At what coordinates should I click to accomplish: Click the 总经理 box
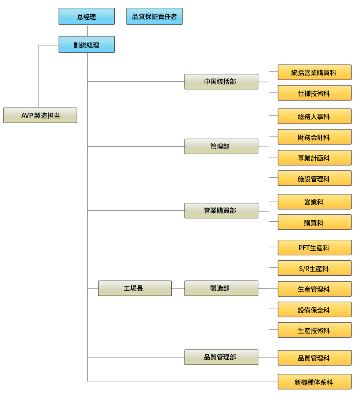(87, 16)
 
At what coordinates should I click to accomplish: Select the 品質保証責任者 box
(154, 16)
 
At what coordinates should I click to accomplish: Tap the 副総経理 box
(87, 45)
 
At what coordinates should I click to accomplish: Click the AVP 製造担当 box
(40, 115)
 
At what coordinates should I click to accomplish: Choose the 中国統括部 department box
(221, 82)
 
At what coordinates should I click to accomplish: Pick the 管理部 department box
(221, 147)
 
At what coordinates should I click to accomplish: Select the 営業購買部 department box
(221, 211)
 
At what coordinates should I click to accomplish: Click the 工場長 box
(135, 288)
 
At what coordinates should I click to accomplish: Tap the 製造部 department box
(221, 288)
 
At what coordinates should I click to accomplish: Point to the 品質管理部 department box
(221, 357)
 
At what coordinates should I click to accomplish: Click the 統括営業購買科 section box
(315, 73)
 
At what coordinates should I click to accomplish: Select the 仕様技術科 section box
(315, 93)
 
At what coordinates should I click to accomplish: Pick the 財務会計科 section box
(315, 137)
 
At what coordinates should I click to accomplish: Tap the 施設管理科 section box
(315, 178)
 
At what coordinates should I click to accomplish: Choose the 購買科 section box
(315, 222)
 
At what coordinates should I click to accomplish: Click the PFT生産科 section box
(315, 248)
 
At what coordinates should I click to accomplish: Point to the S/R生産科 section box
(315, 268)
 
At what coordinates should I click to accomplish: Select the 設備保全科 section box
(315, 310)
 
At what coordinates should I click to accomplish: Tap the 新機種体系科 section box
(315, 382)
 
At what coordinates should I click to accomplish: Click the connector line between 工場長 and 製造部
(178, 288)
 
